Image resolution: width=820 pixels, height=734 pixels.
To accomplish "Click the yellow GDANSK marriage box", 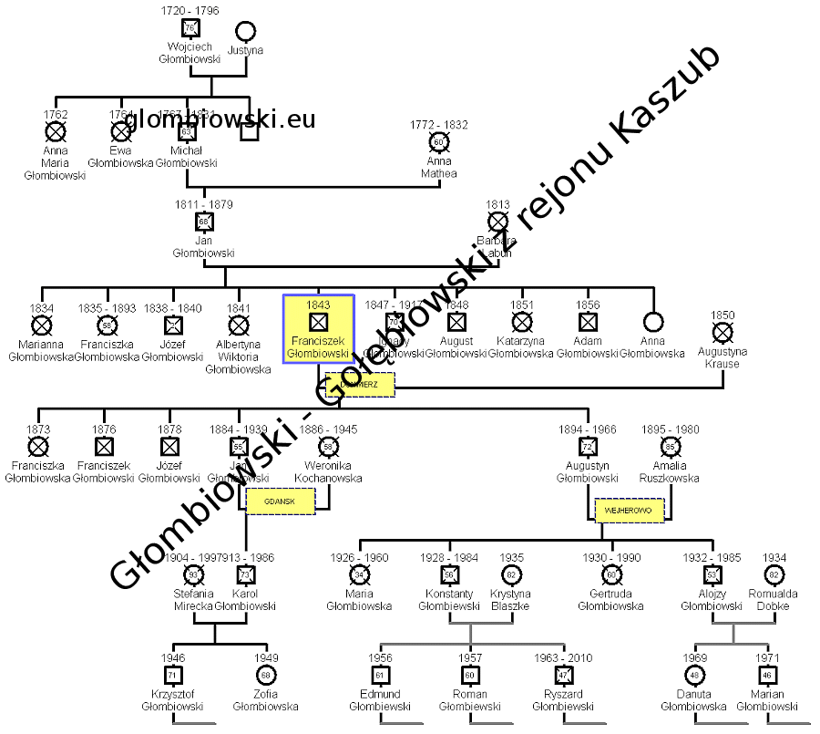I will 281,501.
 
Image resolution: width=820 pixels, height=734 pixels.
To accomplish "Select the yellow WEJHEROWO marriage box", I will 630,510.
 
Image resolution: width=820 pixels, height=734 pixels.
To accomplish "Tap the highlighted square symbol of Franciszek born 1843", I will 317,322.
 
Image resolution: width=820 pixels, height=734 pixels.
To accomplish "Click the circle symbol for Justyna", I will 245,31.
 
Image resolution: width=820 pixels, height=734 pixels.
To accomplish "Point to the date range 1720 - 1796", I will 190,9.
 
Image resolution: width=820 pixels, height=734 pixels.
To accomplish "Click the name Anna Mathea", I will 439,168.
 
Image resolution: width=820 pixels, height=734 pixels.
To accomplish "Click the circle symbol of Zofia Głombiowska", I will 265,675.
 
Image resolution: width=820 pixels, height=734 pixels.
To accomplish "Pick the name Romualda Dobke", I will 774,600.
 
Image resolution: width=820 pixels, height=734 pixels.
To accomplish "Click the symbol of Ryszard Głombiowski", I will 563,675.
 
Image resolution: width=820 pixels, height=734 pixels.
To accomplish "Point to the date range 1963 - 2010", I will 563,658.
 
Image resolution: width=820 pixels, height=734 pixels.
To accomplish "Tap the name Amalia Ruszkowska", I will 670,471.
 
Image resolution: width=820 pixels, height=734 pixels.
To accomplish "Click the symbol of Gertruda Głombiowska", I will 610,574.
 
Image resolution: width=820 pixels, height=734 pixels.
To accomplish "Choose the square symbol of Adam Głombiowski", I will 588,322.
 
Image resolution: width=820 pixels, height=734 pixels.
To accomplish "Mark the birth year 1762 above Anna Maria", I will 56,115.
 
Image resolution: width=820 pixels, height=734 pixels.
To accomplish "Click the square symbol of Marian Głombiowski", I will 767,675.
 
